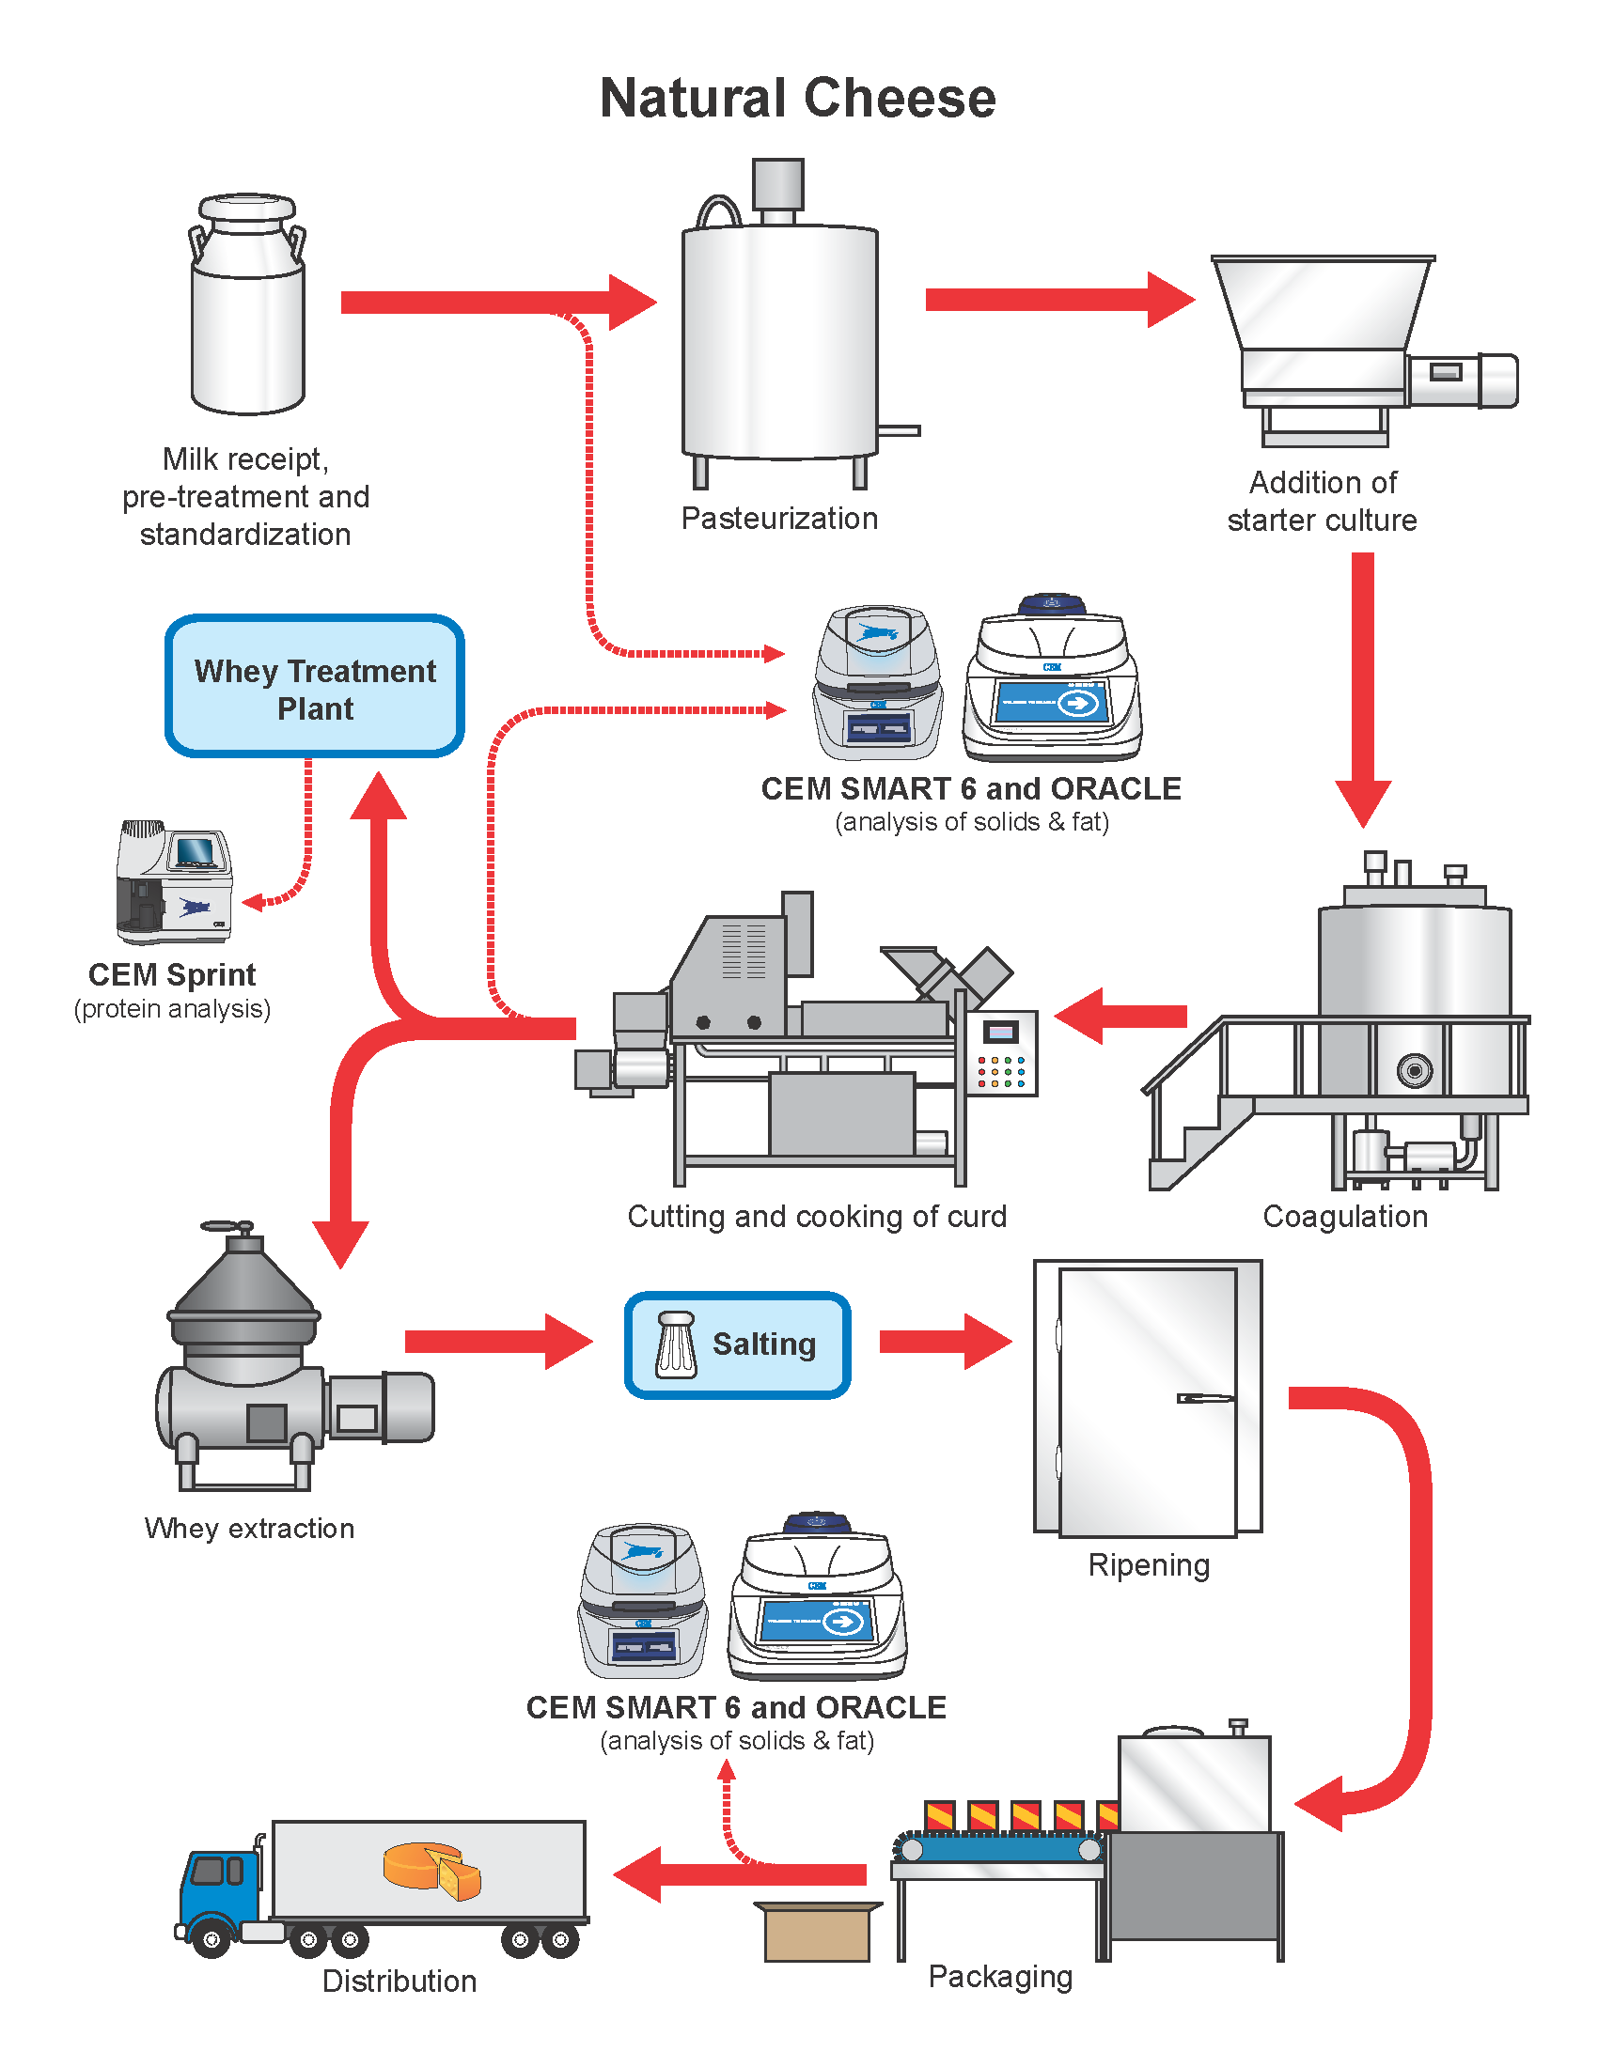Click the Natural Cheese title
click(x=798, y=99)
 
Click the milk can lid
click(x=247, y=208)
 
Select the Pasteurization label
click(x=779, y=519)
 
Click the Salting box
click(x=738, y=1344)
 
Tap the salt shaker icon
click(x=676, y=1344)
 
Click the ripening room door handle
click(x=1204, y=1398)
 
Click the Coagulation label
click(x=1344, y=1216)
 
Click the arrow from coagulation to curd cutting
click(x=1121, y=1017)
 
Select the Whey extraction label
click(x=250, y=1529)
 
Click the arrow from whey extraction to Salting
click(x=497, y=1341)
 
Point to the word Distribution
click(x=399, y=1981)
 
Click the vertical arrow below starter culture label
click(x=1362, y=686)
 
